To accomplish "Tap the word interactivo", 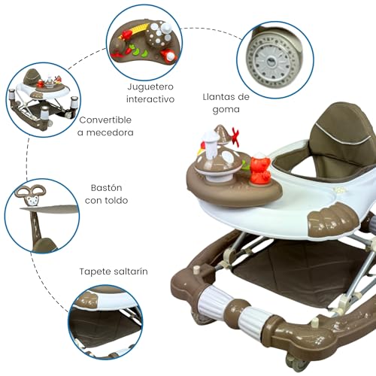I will click(150, 99).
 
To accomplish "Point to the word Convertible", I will click(105, 120).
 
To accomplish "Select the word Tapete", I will click(99, 271).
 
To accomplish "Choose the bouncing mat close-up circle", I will click(105, 323).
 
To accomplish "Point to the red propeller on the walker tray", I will click(235, 138).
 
